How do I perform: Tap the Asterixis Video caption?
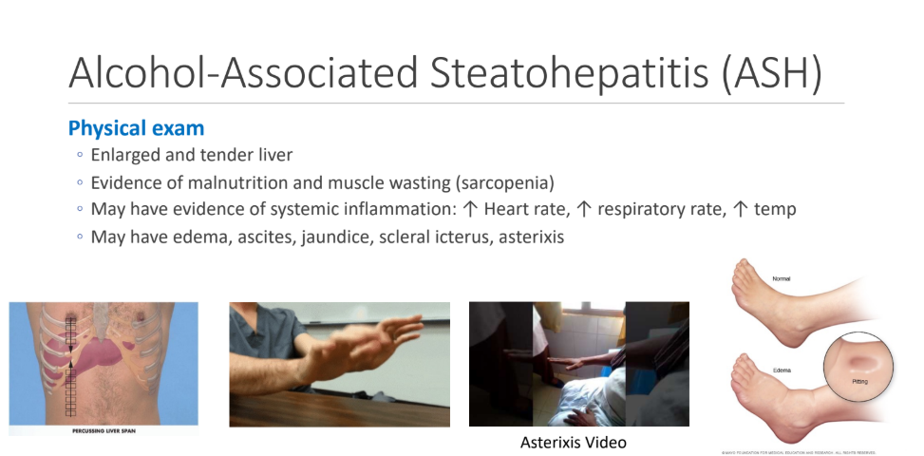coord(574,443)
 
